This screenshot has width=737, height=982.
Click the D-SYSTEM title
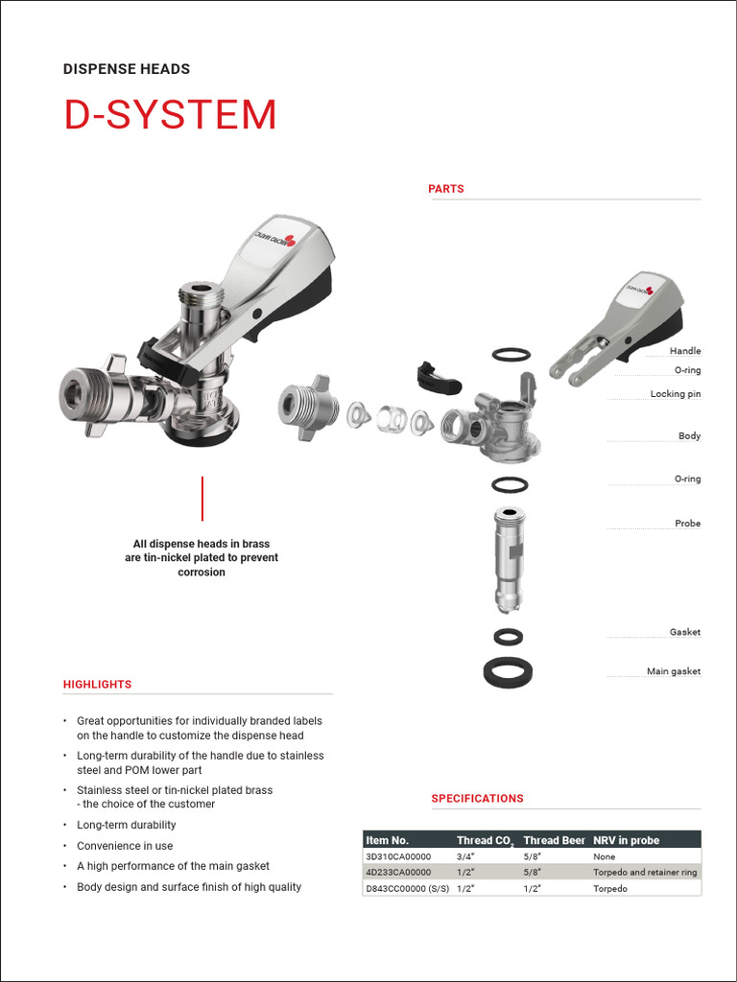pyautogui.click(x=170, y=115)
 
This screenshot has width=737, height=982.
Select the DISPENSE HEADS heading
pyautogui.click(x=126, y=69)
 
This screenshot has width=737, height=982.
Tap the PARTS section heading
pyautogui.click(x=445, y=189)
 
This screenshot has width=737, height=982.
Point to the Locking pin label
pyautogui.click(x=675, y=394)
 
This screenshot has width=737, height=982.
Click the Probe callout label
pyautogui.click(x=687, y=524)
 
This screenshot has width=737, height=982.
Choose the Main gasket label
pyautogui.click(x=673, y=671)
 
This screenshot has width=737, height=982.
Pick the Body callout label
pyautogui.click(x=689, y=436)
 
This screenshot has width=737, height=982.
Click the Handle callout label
pyautogui.click(x=684, y=352)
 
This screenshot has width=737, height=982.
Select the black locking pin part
pyautogui.click(x=438, y=378)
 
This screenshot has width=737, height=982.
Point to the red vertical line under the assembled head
pyautogui.click(x=202, y=498)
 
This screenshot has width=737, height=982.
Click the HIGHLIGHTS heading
pyautogui.click(x=97, y=685)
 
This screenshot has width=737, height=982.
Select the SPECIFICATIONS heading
pyautogui.click(x=477, y=798)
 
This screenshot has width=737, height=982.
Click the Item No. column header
pyautogui.click(x=387, y=840)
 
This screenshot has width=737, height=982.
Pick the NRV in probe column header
pyautogui.click(x=626, y=840)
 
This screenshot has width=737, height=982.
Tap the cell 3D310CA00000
pyautogui.click(x=398, y=856)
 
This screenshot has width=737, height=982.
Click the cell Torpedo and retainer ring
pyautogui.click(x=645, y=873)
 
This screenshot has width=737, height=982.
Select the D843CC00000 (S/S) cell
pyautogui.click(x=407, y=889)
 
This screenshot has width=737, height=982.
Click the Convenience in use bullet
pyautogui.click(x=125, y=846)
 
